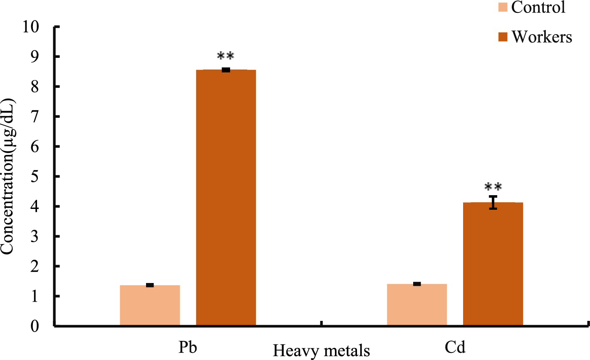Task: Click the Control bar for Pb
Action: [150, 305]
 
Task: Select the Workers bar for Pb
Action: [226, 197]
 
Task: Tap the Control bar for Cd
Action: [417, 304]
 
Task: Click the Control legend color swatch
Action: [503, 7]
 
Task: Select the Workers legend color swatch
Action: [503, 37]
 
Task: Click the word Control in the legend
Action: [538, 7]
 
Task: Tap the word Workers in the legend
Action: [542, 37]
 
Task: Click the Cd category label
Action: [455, 347]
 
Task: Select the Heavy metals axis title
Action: [321, 350]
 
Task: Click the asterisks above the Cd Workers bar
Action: [493, 187]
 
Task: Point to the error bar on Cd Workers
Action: [493, 202]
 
